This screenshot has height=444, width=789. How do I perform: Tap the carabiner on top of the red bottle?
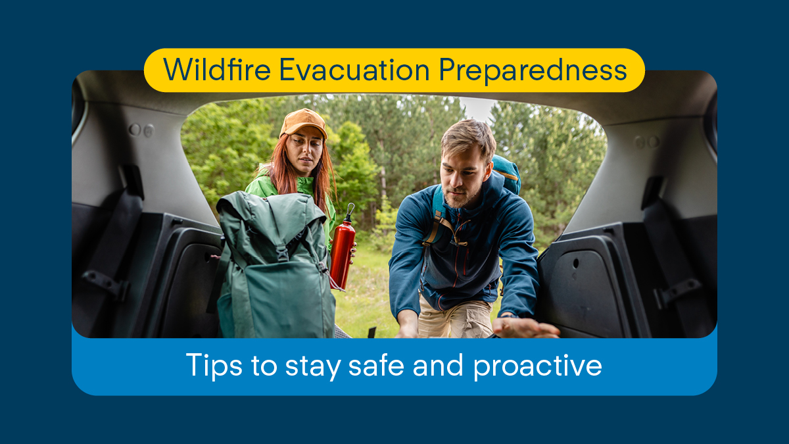coord(350,212)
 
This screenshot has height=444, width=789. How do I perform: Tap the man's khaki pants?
coord(454,319)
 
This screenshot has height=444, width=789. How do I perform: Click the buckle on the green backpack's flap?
coord(282,251)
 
